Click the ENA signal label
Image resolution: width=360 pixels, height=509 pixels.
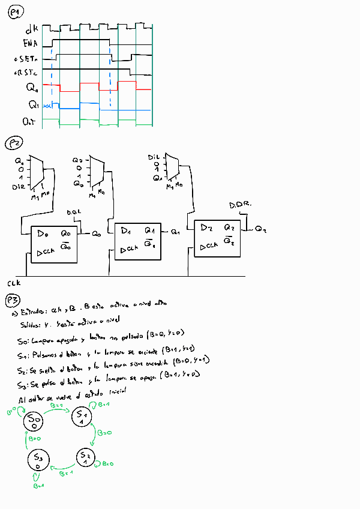click(x=29, y=43)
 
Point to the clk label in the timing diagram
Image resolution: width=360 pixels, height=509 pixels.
click(x=32, y=29)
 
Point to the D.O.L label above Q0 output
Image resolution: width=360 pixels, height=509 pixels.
click(x=73, y=212)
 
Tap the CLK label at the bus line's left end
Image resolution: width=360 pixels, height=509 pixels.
click(x=14, y=282)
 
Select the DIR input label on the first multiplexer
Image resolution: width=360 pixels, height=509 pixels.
click(x=19, y=187)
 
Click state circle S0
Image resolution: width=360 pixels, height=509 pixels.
click(x=34, y=421)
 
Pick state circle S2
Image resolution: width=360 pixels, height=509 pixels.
click(x=85, y=458)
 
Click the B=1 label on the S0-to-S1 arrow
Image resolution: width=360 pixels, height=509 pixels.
click(x=56, y=406)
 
